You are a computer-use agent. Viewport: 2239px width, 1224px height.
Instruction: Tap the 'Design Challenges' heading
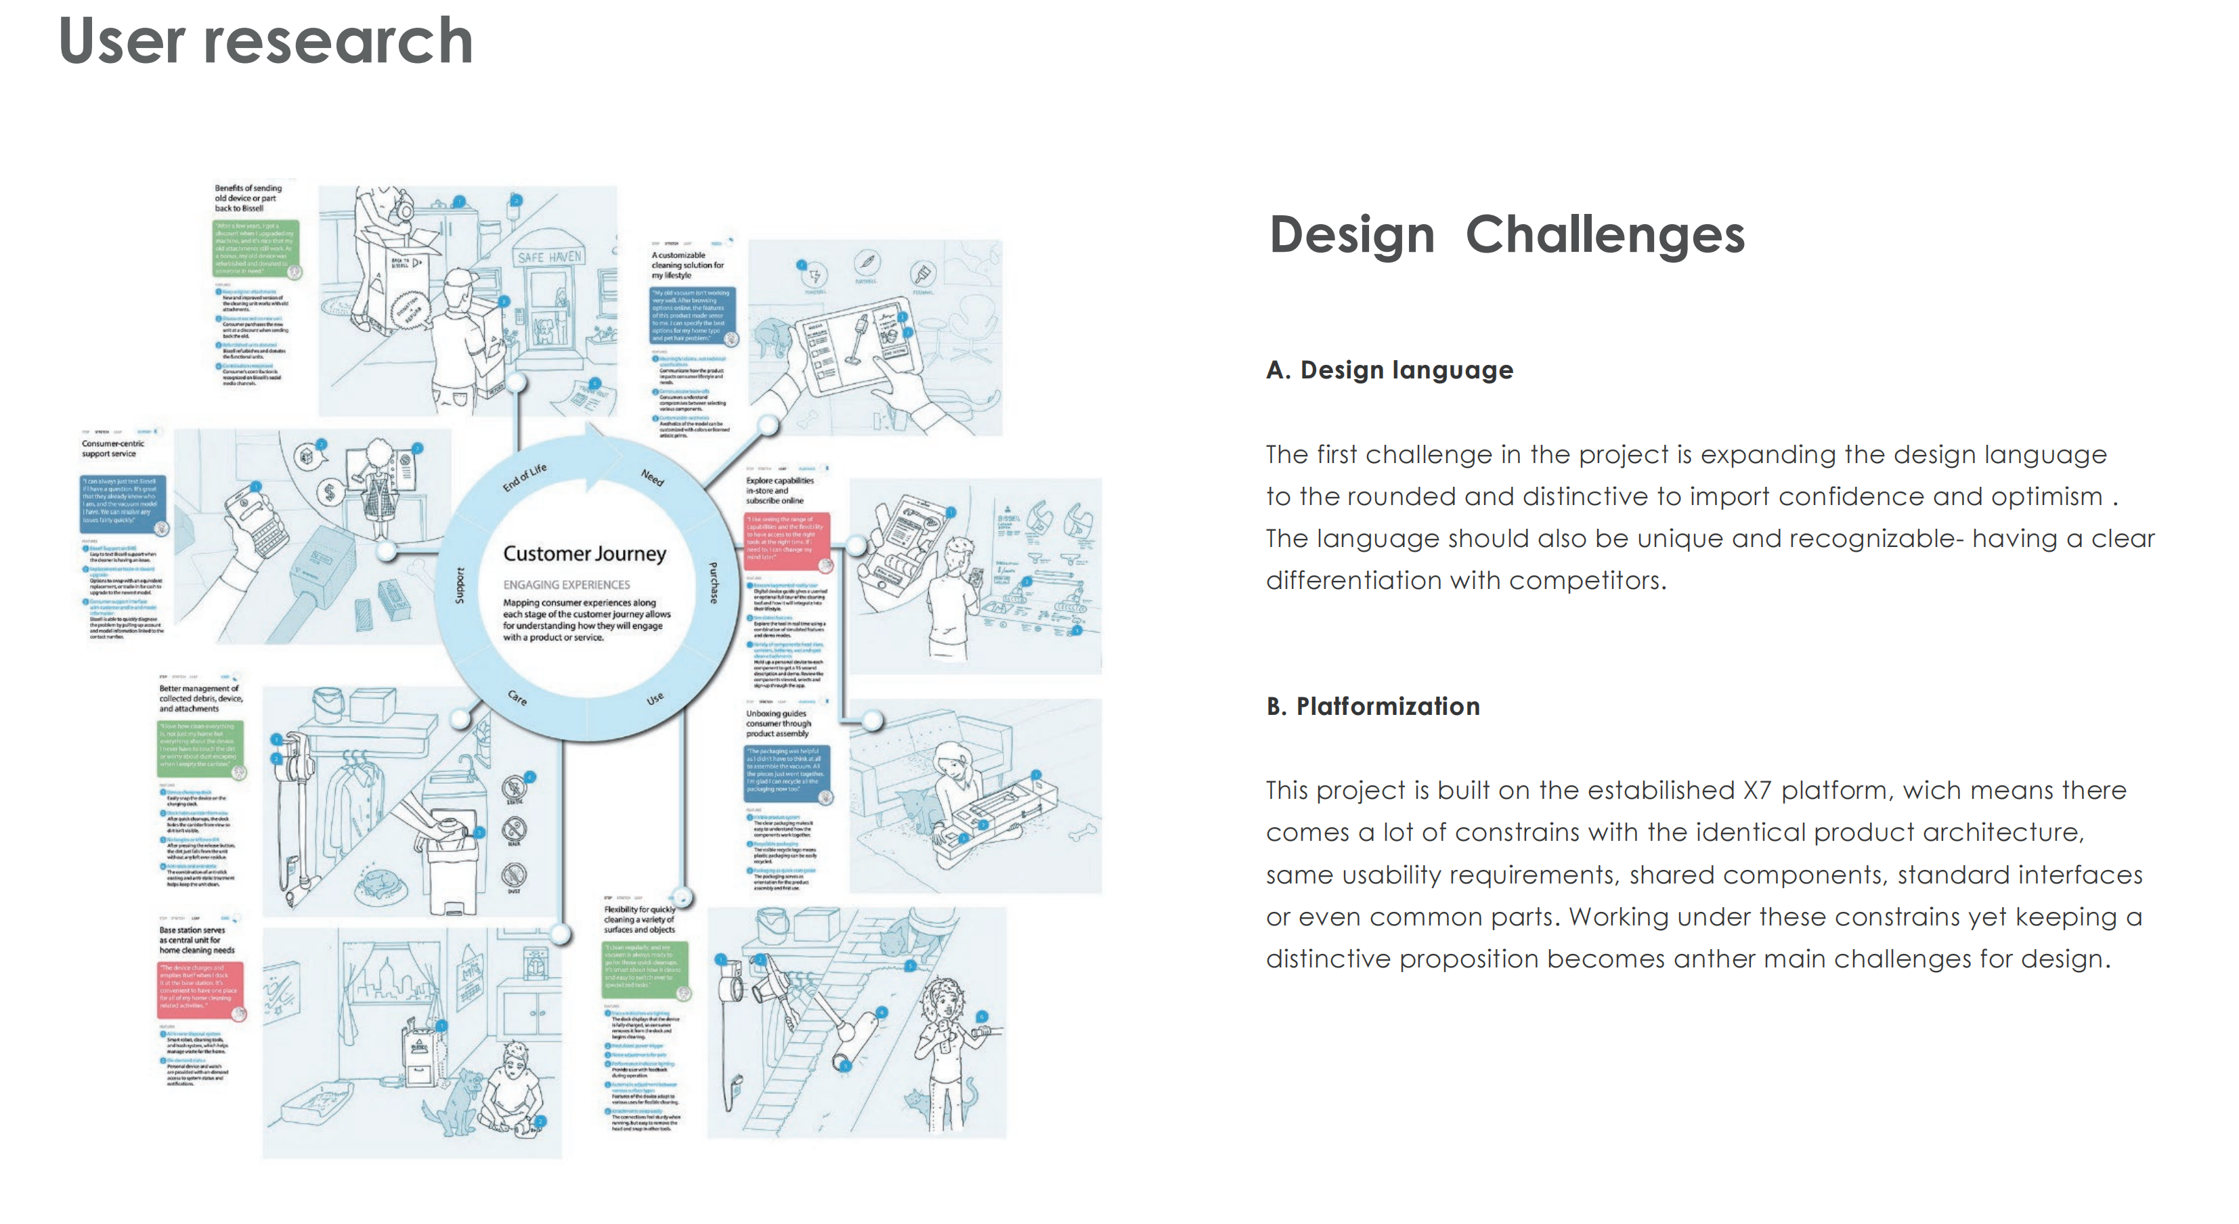point(1506,235)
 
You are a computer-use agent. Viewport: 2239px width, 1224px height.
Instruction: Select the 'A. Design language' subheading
point(1389,370)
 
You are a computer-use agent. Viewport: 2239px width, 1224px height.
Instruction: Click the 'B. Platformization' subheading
point(1372,706)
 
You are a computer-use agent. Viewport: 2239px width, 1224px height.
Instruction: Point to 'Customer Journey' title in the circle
point(584,554)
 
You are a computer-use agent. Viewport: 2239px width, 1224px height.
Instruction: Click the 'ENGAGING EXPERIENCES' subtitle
point(566,585)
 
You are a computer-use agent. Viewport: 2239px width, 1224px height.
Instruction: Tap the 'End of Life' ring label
point(524,477)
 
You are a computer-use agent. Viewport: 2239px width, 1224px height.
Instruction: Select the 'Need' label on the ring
point(652,477)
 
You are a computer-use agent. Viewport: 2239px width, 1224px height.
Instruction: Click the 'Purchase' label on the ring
point(714,582)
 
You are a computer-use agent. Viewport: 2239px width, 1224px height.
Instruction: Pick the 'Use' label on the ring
point(655,698)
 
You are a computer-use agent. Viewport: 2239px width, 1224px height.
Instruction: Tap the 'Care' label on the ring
point(517,697)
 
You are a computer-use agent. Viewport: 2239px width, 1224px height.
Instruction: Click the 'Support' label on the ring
point(460,584)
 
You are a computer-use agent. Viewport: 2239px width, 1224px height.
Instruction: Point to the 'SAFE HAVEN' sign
point(549,257)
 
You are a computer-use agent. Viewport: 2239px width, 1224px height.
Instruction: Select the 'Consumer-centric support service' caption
point(113,449)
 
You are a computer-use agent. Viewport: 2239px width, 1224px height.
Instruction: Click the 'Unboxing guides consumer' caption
point(778,723)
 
